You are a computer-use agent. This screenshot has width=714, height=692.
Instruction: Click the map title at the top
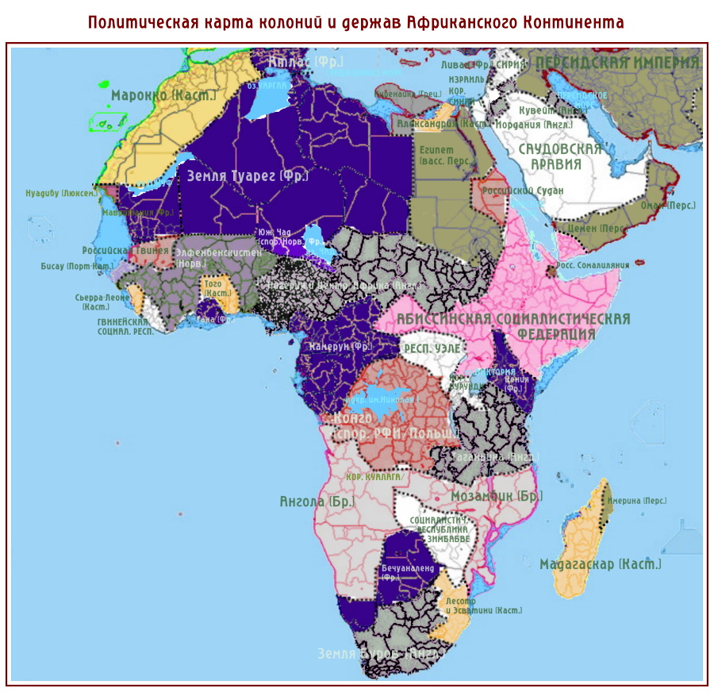(x=356, y=21)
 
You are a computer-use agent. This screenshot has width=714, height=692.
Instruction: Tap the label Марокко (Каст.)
(x=163, y=95)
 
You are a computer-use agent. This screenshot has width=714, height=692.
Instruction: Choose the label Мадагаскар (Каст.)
(x=600, y=565)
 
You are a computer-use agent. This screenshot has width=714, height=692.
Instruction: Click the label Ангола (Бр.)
(x=317, y=502)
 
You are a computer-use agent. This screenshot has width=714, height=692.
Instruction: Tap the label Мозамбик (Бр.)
(x=496, y=496)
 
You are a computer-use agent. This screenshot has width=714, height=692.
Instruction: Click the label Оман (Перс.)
(x=670, y=206)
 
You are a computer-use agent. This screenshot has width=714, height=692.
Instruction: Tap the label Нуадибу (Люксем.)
(x=62, y=193)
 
